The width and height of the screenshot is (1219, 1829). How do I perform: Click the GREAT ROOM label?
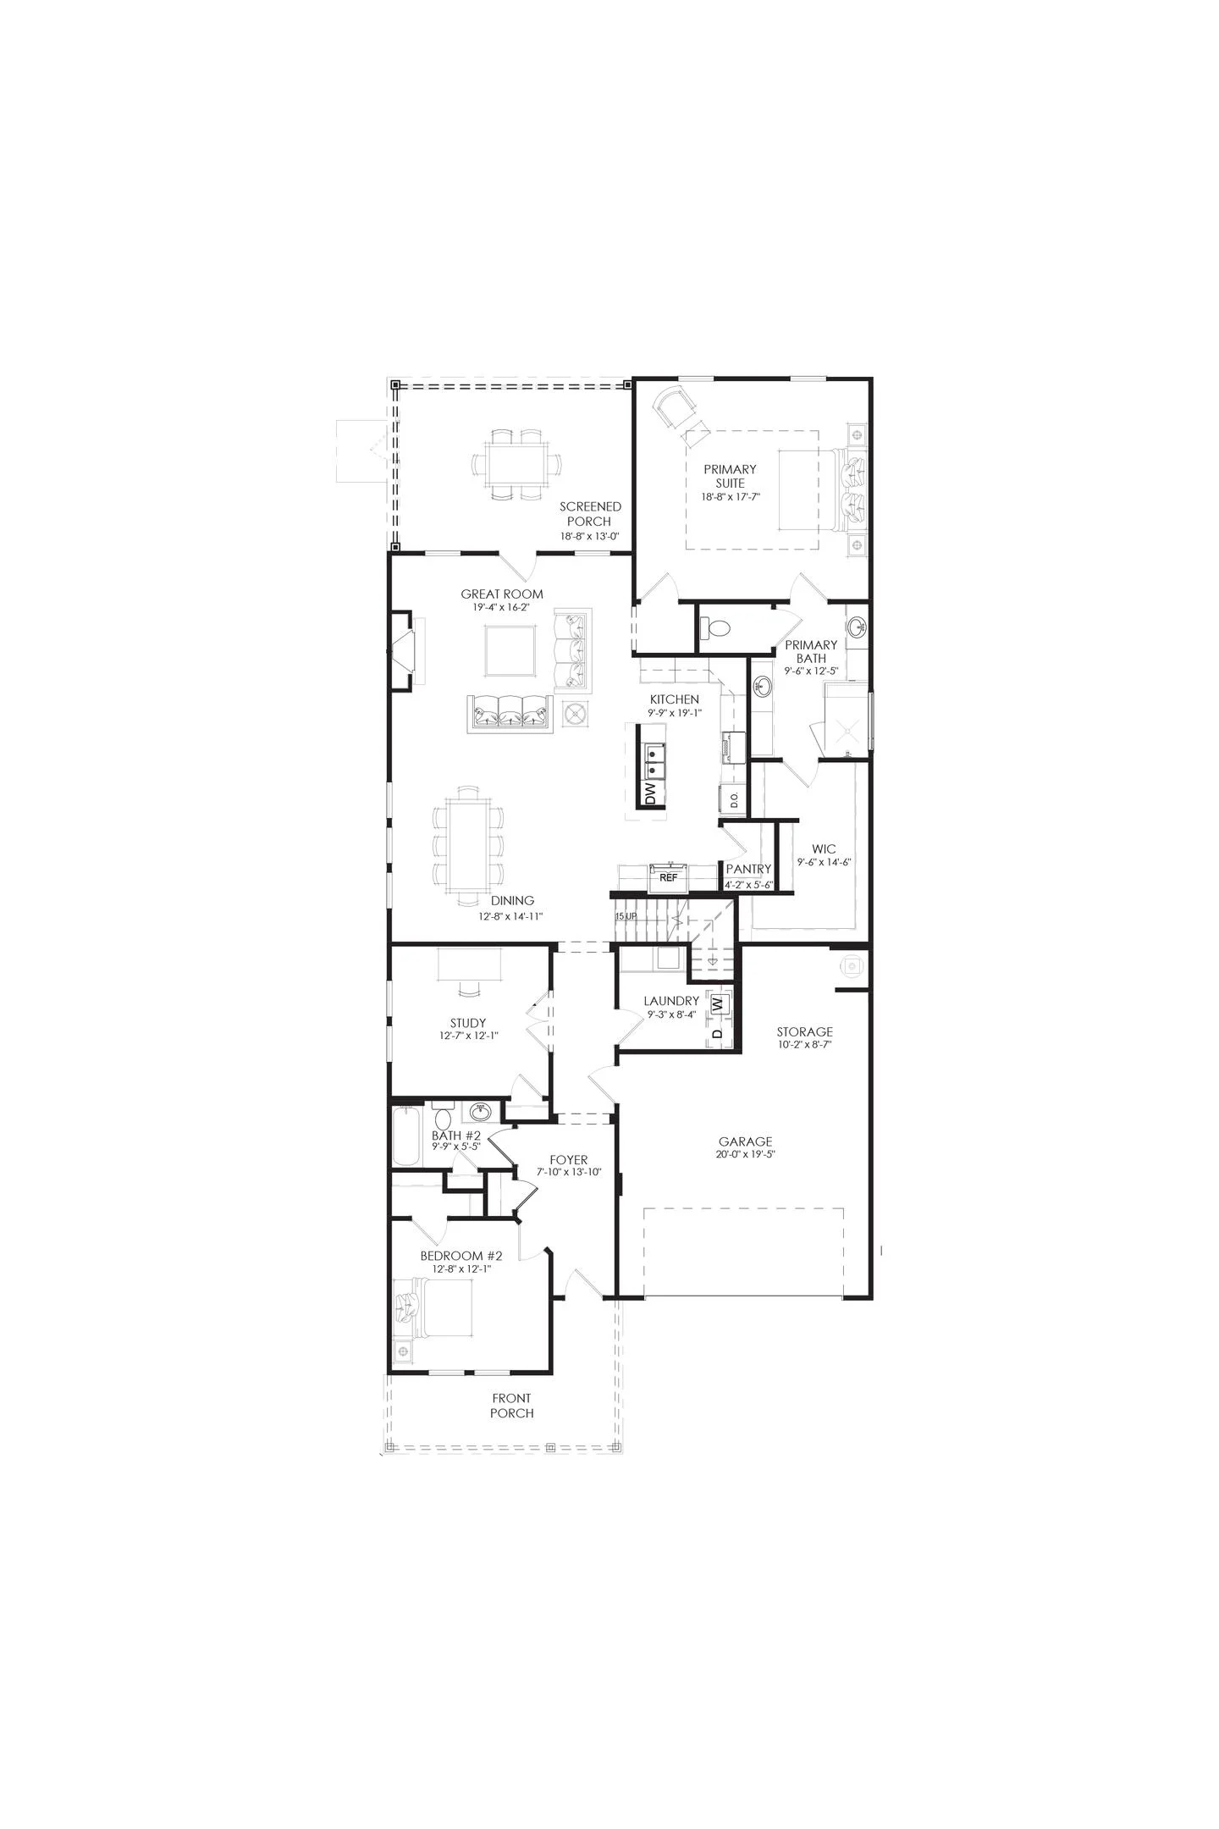pos(502,594)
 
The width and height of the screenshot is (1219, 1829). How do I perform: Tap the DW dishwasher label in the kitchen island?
pos(650,793)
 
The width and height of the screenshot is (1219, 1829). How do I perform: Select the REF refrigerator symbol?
pos(668,876)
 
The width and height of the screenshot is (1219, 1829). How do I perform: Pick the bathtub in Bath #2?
pos(407,1136)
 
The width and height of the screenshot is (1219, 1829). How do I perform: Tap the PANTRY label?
pos(748,869)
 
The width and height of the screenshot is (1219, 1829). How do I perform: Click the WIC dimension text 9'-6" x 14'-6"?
pos(823,862)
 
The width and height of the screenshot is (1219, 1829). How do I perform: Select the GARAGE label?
pos(745,1141)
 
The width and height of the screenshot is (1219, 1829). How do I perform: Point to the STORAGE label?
pos(804,1031)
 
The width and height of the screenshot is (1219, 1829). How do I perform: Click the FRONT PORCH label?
pos(511,1406)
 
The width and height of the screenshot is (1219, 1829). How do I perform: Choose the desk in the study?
pos(470,964)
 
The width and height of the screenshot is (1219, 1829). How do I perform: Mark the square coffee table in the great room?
pos(510,650)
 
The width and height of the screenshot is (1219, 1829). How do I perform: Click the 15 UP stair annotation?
pos(626,916)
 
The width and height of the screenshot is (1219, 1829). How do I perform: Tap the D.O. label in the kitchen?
pos(733,798)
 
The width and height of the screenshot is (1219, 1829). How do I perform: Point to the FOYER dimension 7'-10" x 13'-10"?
pos(568,1172)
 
